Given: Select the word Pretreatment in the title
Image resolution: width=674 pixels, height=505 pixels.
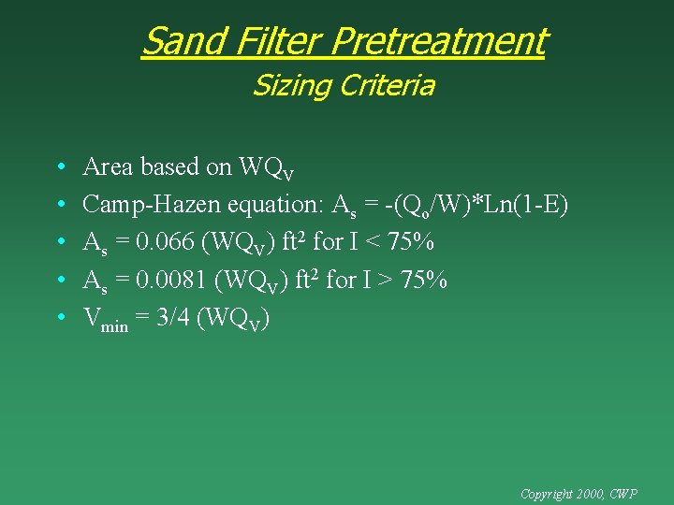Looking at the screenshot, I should pyautogui.click(x=438, y=41).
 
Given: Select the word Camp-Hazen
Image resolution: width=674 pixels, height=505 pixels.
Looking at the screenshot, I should pyautogui.click(x=152, y=205).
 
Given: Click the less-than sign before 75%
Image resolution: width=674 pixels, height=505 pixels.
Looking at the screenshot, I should pyautogui.click(x=372, y=242).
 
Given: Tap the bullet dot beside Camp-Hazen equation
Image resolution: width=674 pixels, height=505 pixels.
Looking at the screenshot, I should pyautogui.click(x=60, y=206).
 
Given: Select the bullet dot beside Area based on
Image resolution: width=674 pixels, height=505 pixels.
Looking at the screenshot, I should pyautogui.click(x=60, y=167).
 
